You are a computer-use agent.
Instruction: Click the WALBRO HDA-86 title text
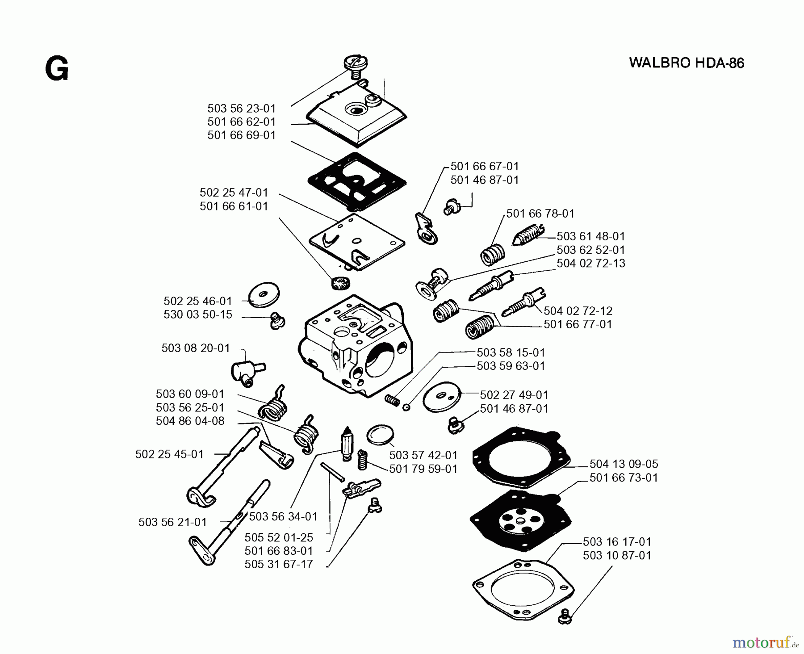pyautogui.click(x=687, y=63)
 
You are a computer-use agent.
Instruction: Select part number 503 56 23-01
pyautogui.click(x=242, y=109)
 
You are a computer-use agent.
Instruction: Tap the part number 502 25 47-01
pyautogui.click(x=234, y=193)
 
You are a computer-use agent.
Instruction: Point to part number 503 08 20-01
pyautogui.click(x=196, y=348)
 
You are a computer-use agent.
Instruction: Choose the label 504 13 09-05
pyautogui.click(x=624, y=464)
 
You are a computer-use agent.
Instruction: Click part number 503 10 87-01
pyautogui.click(x=617, y=555)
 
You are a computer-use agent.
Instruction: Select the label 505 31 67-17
pyautogui.click(x=279, y=564)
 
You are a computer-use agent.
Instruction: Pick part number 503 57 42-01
pyautogui.click(x=423, y=455)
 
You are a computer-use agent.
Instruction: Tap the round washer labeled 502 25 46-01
pyautogui.click(x=264, y=294)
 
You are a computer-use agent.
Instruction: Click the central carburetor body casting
pyautogui.click(x=355, y=346)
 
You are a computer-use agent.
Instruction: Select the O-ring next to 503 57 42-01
pyautogui.click(x=380, y=434)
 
